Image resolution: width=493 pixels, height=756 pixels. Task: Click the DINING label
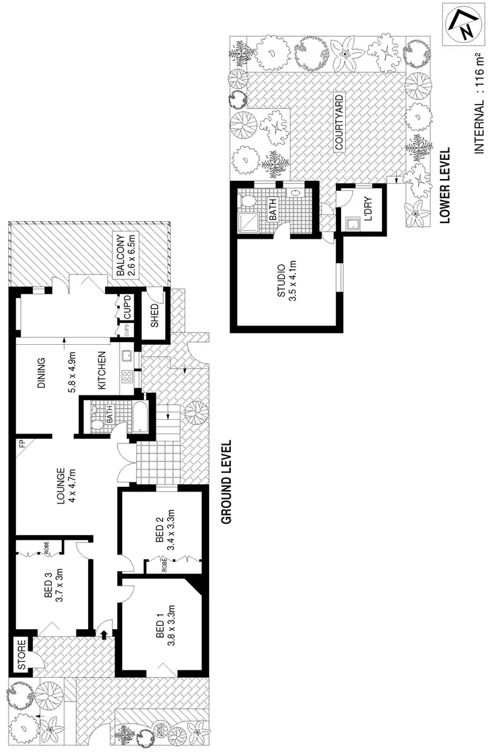point(41,374)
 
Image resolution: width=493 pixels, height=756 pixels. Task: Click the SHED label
point(155,316)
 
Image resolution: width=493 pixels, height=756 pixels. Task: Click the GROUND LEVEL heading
point(227,482)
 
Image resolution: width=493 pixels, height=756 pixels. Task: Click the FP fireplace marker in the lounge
point(22,443)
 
